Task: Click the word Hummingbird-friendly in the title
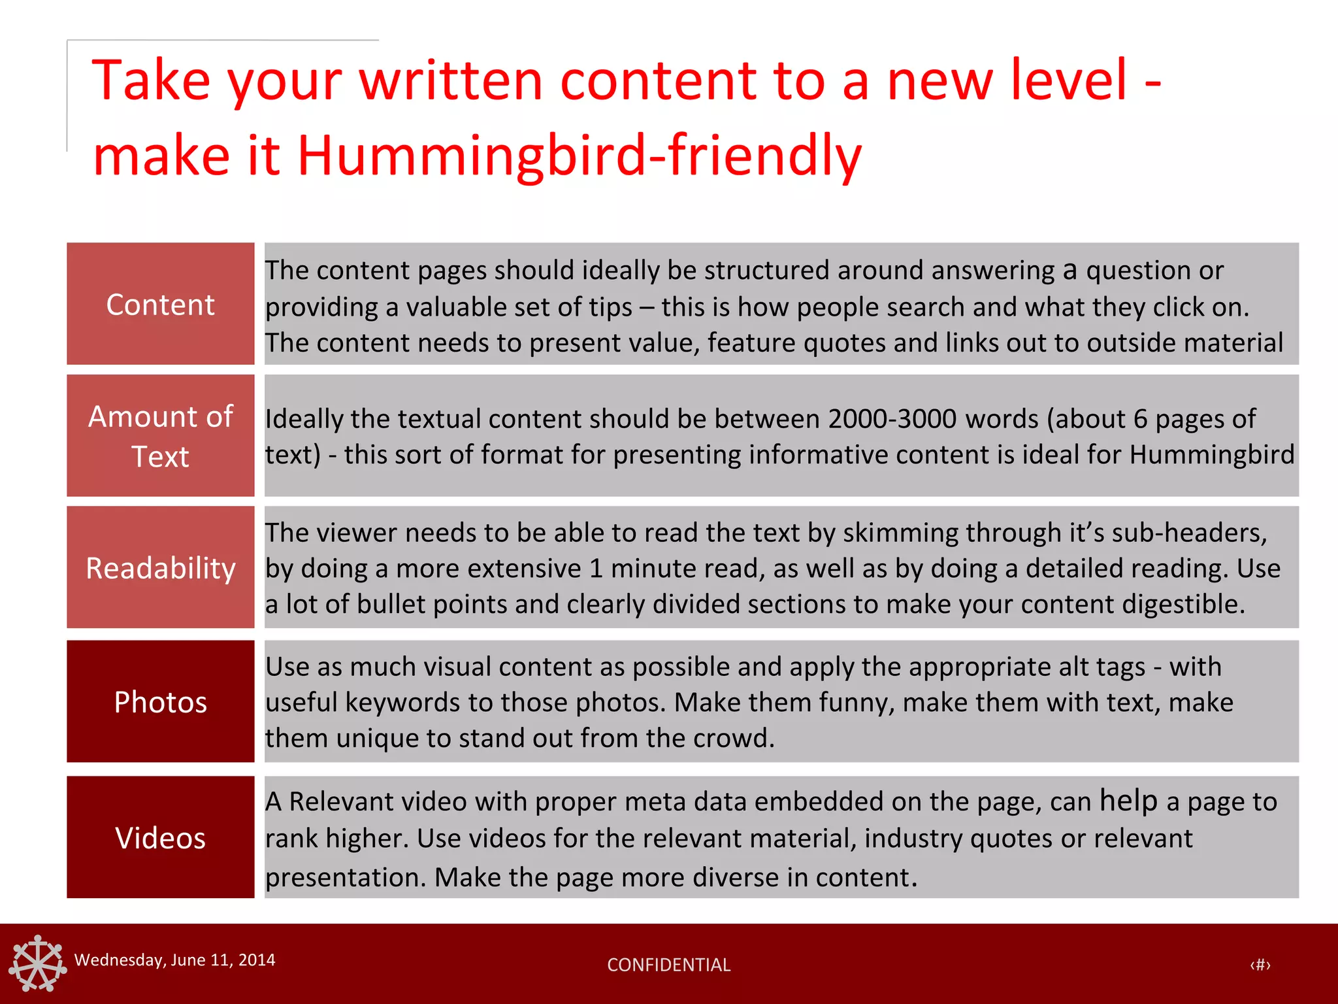(x=579, y=156)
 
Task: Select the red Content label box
(x=160, y=304)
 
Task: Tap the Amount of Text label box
(x=160, y=435)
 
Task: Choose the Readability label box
(x=160, y=567)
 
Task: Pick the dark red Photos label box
(x=160, y=701)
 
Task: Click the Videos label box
(x=160, y=837)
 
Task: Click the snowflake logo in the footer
(x=38, y=963)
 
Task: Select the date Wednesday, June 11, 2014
(x=174, y=960)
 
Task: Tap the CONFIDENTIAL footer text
(x=668, y=965)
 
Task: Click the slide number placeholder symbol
(x=1260, y=965)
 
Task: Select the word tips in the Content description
(x=608, y=307)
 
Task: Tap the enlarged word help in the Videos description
(x=1128, y=801)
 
